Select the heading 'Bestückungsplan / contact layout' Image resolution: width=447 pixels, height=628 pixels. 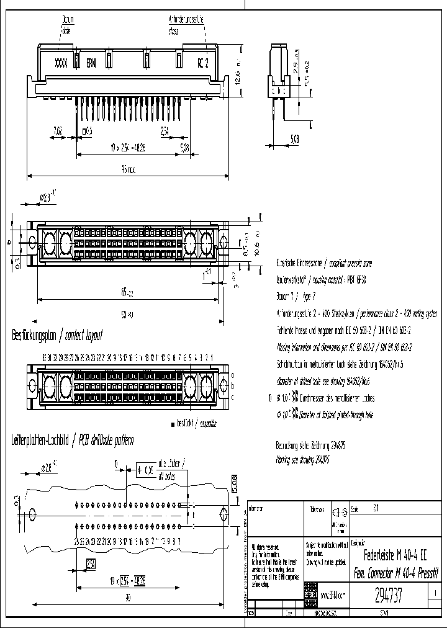[56, 336]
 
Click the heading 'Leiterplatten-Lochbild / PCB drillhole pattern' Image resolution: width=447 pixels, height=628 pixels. [73, 441]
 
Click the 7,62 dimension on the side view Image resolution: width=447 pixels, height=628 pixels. [58, 131]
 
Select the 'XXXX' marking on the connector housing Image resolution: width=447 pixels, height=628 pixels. [61, 63]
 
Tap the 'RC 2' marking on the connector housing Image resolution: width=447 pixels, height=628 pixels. [203, 63]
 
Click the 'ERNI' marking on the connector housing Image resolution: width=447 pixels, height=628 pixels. [91, 63]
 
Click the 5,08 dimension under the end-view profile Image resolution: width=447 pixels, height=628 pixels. [294, 140]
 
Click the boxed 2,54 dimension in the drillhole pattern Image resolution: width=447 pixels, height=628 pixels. [91, 564]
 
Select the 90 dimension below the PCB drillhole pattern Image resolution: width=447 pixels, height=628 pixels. [128, 598]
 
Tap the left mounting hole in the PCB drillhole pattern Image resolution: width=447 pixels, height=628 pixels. [31, 514]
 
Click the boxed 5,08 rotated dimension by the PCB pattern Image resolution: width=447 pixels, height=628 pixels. [234, 481]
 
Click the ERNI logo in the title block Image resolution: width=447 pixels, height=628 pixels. [311, 595]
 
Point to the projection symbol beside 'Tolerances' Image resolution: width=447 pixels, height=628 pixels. [339, 512]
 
